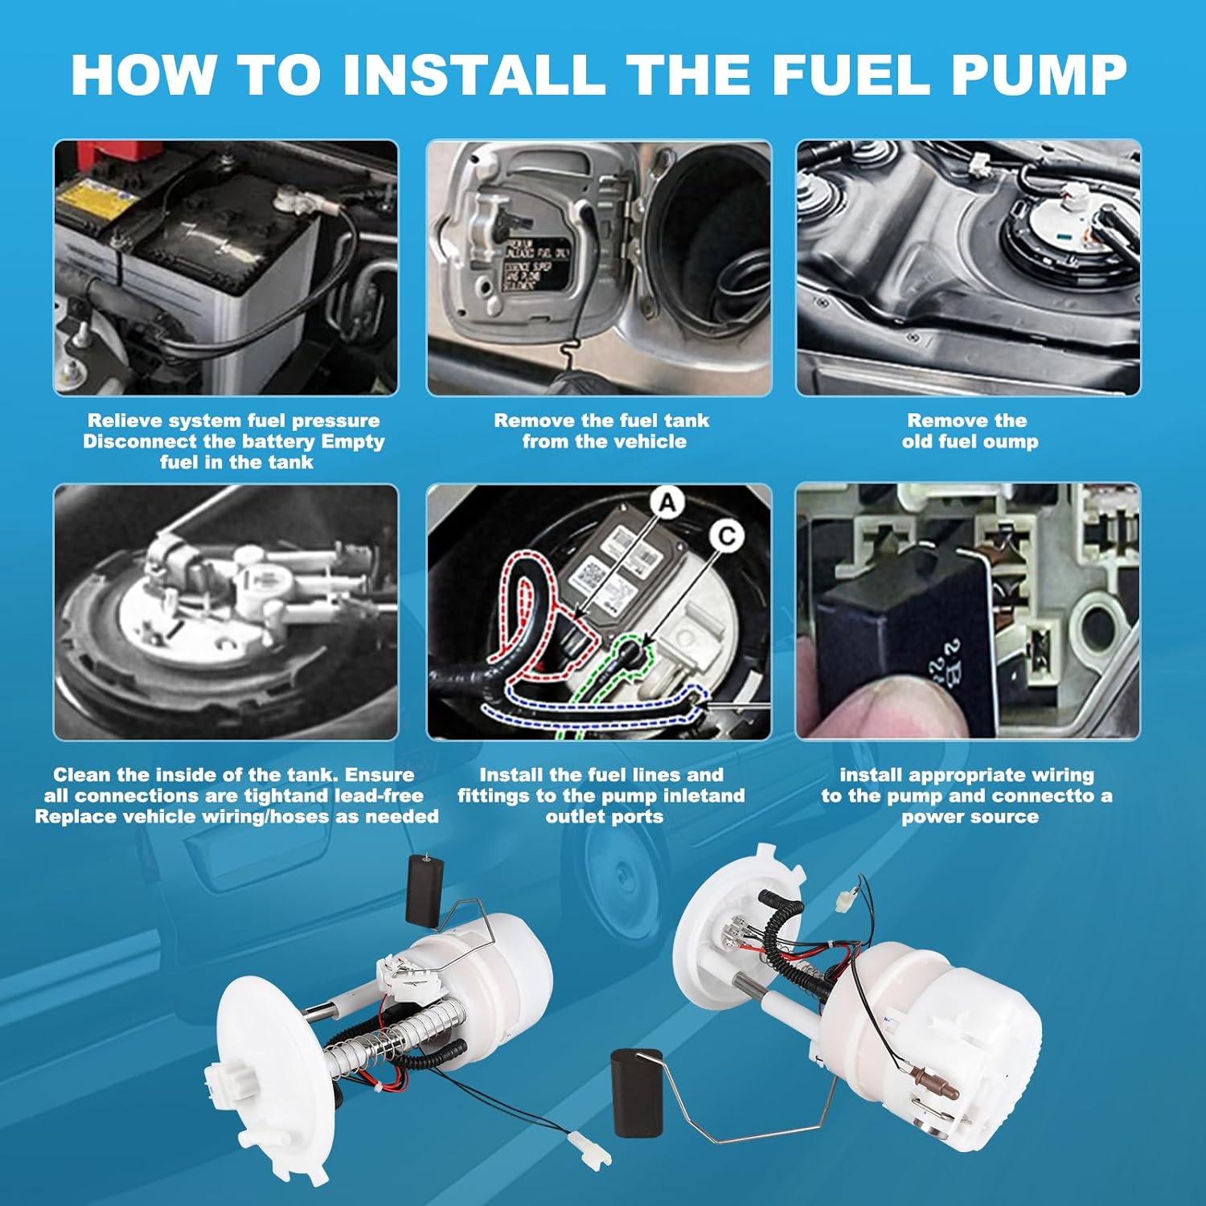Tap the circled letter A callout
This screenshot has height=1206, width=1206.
point(667,504)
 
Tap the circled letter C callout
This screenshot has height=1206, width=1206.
point(726,535)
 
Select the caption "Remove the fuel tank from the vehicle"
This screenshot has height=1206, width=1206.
point(602,431)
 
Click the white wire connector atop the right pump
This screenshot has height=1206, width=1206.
point(844,901)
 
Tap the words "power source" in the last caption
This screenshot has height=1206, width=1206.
point(970,817)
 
